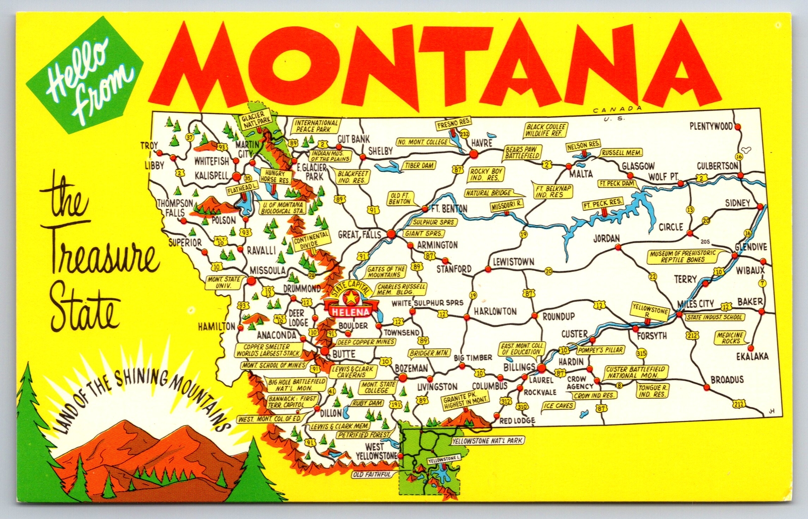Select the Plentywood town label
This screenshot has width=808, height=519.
point(711,126)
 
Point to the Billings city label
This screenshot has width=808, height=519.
point(519,367)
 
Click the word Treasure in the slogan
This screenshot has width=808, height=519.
point(101,258)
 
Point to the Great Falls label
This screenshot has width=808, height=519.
point(359,234)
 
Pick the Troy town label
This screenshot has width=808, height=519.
point(149,146)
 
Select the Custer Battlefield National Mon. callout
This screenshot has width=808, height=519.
point(636,372)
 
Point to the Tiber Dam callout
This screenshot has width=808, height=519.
point(419,165)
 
